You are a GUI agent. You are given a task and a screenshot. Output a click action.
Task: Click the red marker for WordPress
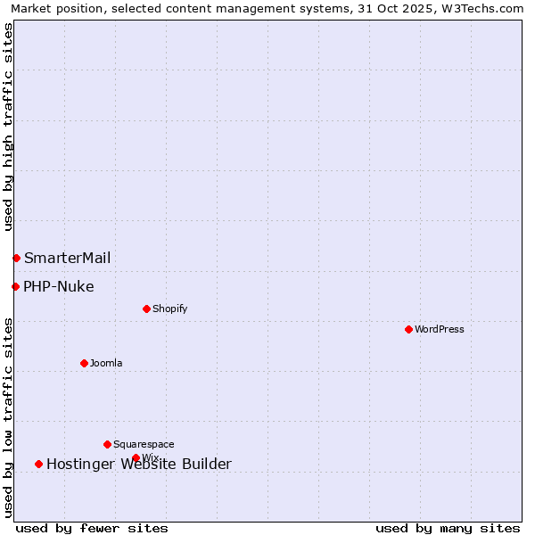pyautogui.click(x=408, y=329)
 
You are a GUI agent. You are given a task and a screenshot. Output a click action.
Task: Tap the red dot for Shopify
pyautogui.click(x=146, y=309)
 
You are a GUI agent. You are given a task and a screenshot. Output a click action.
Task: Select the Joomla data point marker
pyautogui.click(x=84, y=363)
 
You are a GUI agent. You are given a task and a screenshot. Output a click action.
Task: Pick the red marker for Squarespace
pyautogui.click(x=107, y=444)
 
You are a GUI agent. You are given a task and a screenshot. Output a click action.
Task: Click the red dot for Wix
pyautogui.click(x=136, y=457)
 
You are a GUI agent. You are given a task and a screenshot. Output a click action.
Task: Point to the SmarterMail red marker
pyautogui.click(x=16, y=258)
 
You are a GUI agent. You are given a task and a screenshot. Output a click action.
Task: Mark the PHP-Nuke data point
pyautogui.click(x=15, y=286)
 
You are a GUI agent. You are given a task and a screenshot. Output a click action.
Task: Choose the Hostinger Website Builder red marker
pyautogui.click(x=38, y=464)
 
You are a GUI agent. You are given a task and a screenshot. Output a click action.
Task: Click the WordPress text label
pyautogui.click(x=440, y=329)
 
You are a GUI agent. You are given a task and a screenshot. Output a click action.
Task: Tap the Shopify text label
pyautogui.click(x=169, y=309)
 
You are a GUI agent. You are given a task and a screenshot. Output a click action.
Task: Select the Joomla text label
pyautogui.click(x=106, y=363)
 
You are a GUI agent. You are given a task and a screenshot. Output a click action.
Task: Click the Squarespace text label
pyautogui.click(x=144, y=444)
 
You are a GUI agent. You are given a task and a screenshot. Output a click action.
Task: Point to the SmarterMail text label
pyautogui.click(x=68, y=259)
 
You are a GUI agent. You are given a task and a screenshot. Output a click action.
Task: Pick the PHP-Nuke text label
pyautogui.click(x=59, y=287)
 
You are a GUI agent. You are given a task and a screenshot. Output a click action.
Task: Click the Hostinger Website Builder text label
pyautogui.click(x=139, y=465)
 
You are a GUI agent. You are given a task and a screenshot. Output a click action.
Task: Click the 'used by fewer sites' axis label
pyautogui.click(x=92, y=528)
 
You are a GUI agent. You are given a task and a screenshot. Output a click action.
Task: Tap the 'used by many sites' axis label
pyautogui.click(x=448, y=528)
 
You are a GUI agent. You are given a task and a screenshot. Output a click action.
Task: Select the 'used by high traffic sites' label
pyautogui.click(x=9, y=127)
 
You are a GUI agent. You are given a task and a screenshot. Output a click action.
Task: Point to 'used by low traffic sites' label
pyautogui.click(x=9, y=417)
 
